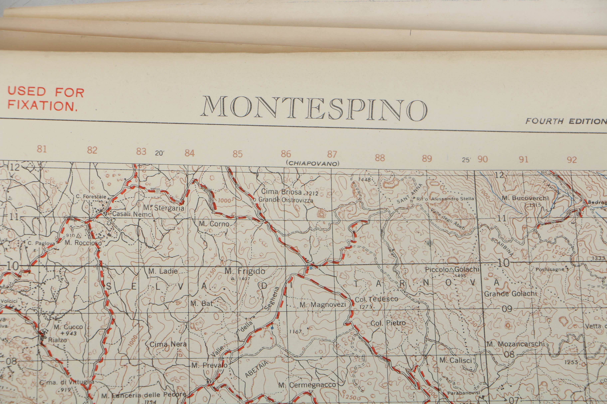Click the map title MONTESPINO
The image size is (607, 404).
[x=313, y=108]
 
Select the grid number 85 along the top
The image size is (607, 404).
[x=237, y=154]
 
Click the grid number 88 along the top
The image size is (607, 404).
[x=380, y=158]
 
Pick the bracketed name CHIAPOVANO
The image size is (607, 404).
[x=312, y=163]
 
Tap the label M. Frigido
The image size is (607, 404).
[x=245, y=271]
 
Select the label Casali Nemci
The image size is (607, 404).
[x=132, y=214]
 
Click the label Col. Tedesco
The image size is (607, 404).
[x=376, y=299]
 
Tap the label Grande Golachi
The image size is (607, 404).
[x=510, y=294]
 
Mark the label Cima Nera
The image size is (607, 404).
[x=168, y=344]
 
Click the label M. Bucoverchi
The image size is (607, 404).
[x=525, y=198]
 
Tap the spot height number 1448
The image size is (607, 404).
[x=364, y=179]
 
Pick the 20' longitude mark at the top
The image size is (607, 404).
[x=159, y=153]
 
